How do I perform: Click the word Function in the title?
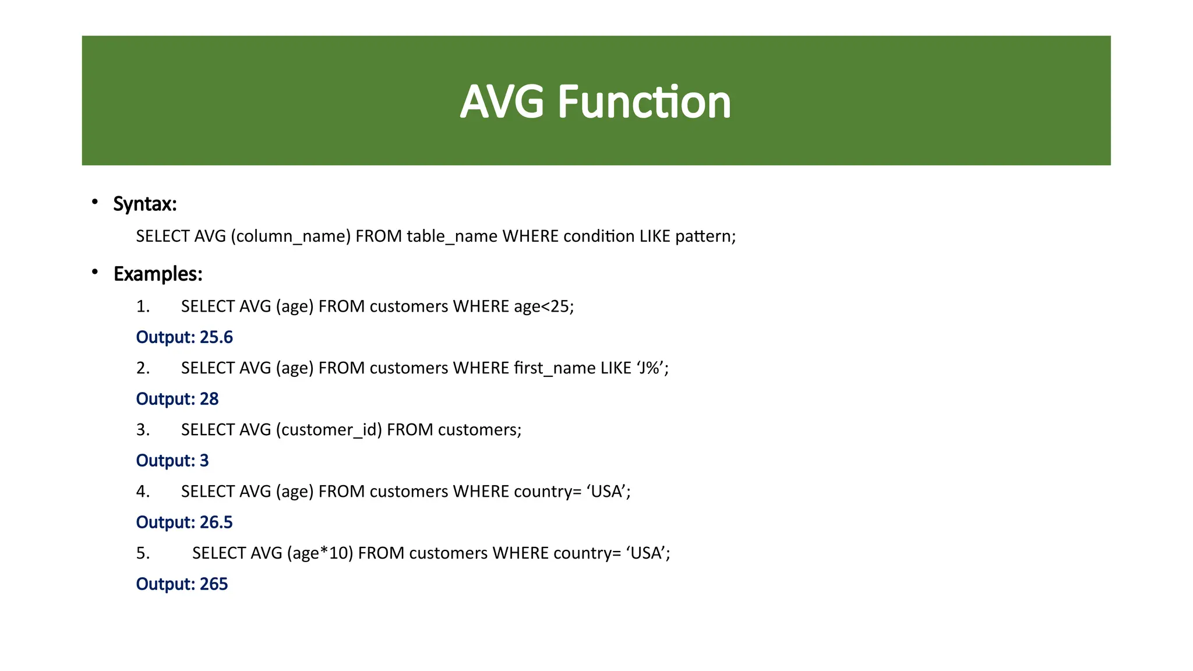tap(644, 102)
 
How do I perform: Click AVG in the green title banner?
tap(502, 102)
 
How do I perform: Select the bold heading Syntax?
tap(144, 204)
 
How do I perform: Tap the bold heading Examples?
tap(158, 274)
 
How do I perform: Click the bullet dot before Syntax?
tap(94, 202)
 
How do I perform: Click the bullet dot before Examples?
tap(94, 272)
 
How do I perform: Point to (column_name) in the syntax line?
tap(291, 236)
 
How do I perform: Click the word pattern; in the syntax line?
tap(705, 236)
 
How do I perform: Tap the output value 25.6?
tap(216, 337)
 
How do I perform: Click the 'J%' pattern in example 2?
tap(652, 368)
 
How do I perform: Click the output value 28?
tap(209, 399)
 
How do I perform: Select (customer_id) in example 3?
tap(329, 430)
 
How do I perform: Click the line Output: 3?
tap(172, 461)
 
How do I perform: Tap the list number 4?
tap(143, 492)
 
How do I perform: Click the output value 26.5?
tap(216, 522)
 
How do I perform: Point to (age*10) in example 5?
tap(320, 553)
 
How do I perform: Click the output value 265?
tap(214, 584)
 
